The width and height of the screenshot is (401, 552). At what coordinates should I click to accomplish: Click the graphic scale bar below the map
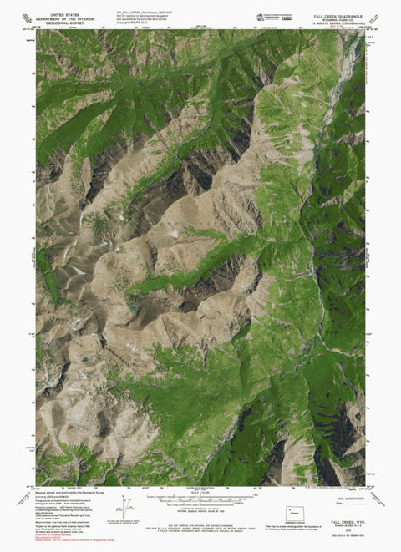(200, 503)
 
